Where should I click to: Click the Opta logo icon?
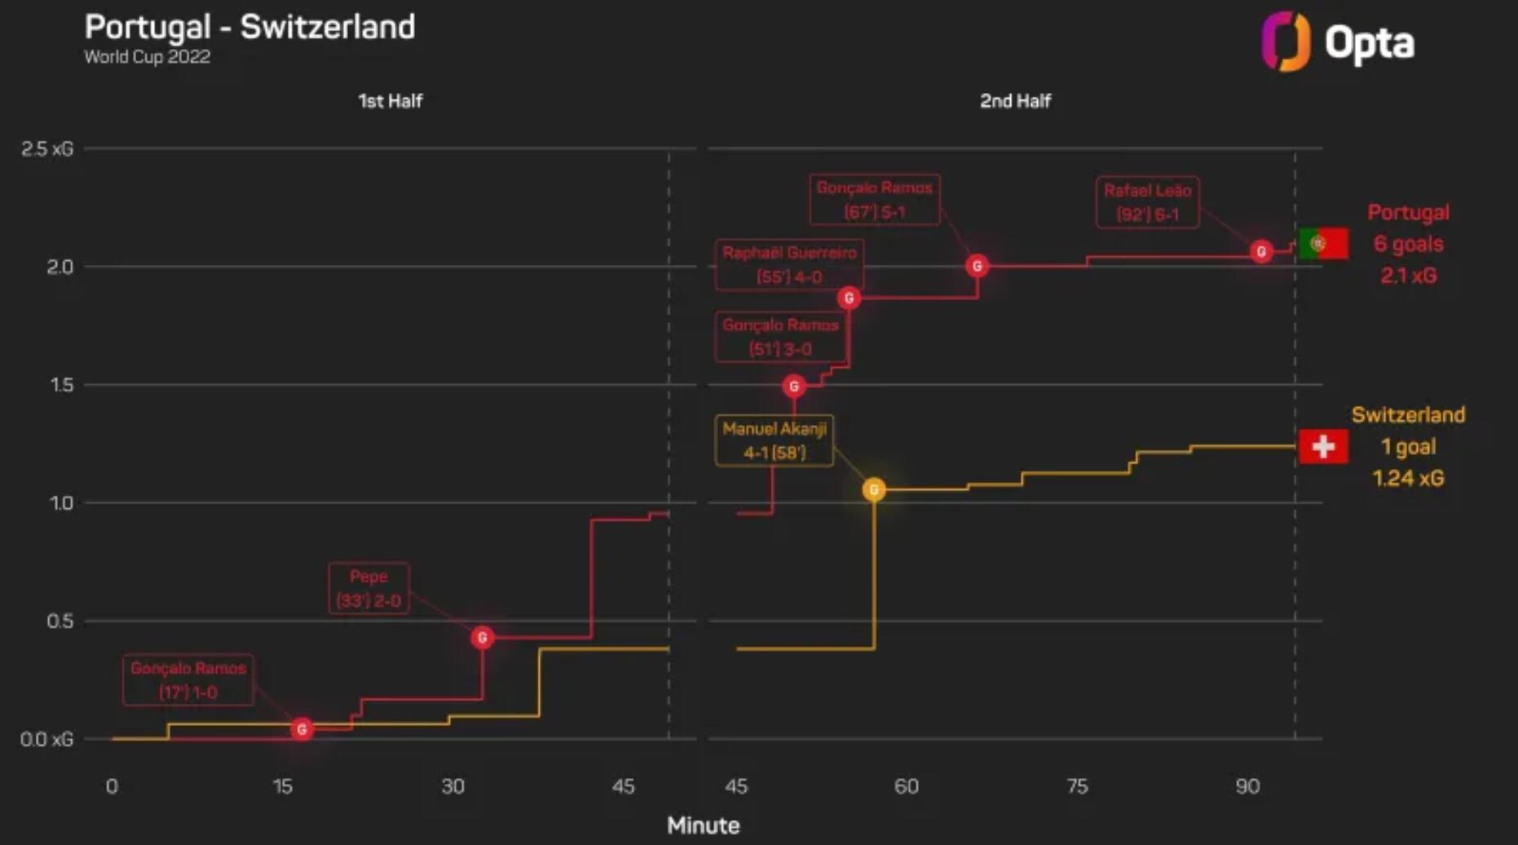tap(1286, 42)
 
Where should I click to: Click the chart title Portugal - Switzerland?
tap(249, 27)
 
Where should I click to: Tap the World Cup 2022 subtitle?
tap(148, 57)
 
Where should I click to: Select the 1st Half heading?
tap(390, 101)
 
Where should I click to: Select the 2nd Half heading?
tap(1015, 101)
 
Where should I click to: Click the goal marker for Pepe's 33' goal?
tap(482, 637)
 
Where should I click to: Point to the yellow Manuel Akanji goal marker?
tap(874, 489)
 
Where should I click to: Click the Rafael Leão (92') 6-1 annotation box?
tap(1147, 202)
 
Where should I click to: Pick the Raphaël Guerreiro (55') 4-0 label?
tap(789, 264)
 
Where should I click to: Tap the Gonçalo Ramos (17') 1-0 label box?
tap(188, 679)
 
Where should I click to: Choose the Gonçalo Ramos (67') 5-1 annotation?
tap(874, 199)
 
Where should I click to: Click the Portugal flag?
tap(1323, 243)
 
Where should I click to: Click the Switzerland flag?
tap(1323, 446)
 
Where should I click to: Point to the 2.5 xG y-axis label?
tap(47, 148)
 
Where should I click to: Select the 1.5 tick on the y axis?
tap(62, 385)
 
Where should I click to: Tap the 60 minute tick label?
tap(906, 786)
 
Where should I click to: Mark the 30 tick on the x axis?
tap(452, 786)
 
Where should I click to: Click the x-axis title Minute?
tap(703, 825)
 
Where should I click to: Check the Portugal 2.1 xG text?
tap(1408, 275)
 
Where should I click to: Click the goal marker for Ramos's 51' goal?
tap(794, 386)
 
